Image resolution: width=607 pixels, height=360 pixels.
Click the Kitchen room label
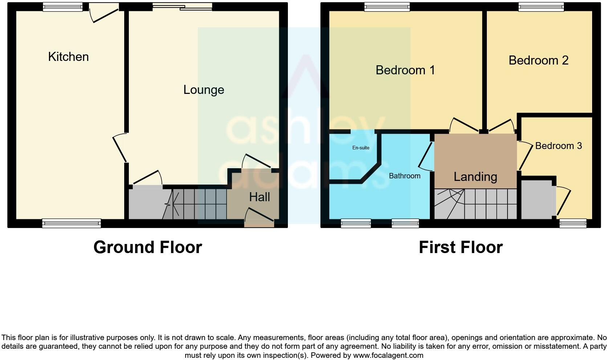coord(68,57)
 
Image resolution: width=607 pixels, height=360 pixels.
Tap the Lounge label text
coord(203,90)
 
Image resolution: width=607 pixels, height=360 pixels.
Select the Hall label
coord(259,197)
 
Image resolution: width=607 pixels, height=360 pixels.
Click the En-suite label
coord(361,148)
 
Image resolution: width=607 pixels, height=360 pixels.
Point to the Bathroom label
coord(404,176)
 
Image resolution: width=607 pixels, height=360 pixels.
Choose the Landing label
coord(475,177)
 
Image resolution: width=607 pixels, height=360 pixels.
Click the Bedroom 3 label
coord(558,146)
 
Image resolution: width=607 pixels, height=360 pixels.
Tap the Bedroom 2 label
coord(538,61)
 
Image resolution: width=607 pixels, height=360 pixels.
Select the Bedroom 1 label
coord(405,70)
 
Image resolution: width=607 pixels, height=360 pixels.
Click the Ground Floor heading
coord(147,247)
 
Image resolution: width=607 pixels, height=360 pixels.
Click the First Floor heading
coord(460,247)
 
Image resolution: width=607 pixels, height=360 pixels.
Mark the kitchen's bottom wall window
coord(72,223)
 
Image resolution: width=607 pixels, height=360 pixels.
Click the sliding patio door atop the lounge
coord(182,7)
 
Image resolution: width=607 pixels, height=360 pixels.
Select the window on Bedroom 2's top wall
coord(541,7)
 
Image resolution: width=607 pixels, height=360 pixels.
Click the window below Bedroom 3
coord(573,223)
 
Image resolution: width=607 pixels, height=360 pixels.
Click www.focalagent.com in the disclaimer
coord(388,355)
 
